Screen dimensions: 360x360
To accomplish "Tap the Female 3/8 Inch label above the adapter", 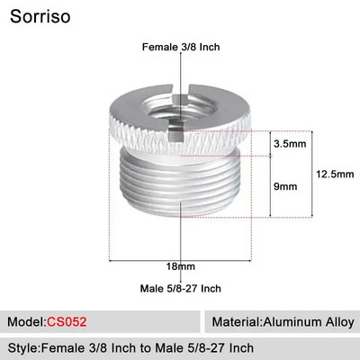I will click(180, 47).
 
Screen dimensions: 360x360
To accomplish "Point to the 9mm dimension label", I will click(286, 185).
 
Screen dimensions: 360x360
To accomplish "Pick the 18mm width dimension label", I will click(180, 267).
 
